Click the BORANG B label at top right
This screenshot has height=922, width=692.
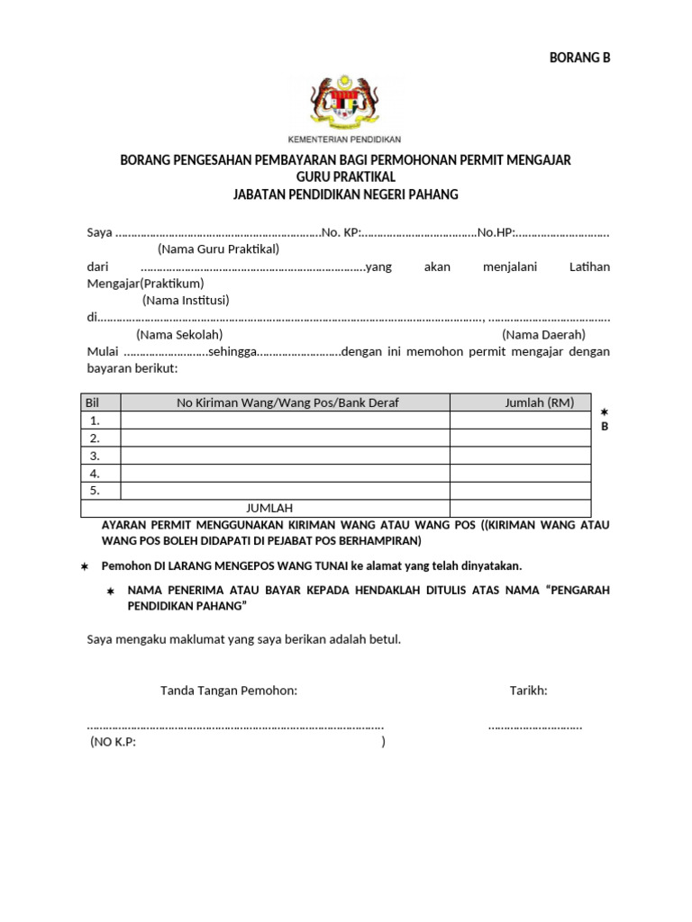579,59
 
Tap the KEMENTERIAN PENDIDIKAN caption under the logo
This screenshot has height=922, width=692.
344,140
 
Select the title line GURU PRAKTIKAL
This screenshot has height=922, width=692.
346,176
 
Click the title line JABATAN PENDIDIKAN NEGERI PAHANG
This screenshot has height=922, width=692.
346,194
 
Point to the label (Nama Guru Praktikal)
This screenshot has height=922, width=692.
218,249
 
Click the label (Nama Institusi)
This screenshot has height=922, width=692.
186,300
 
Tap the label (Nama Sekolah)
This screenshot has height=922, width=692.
179,334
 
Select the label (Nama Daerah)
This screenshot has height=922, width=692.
543,334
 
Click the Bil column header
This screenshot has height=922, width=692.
91,402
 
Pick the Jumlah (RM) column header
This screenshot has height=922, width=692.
539,402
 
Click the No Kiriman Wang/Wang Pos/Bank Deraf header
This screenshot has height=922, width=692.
287,402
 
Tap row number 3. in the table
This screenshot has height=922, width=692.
94,456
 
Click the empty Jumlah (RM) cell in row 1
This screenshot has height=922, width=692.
521,420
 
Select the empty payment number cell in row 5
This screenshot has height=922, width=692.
284,491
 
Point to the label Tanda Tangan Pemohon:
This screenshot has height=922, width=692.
229,691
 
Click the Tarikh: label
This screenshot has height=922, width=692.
528,691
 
